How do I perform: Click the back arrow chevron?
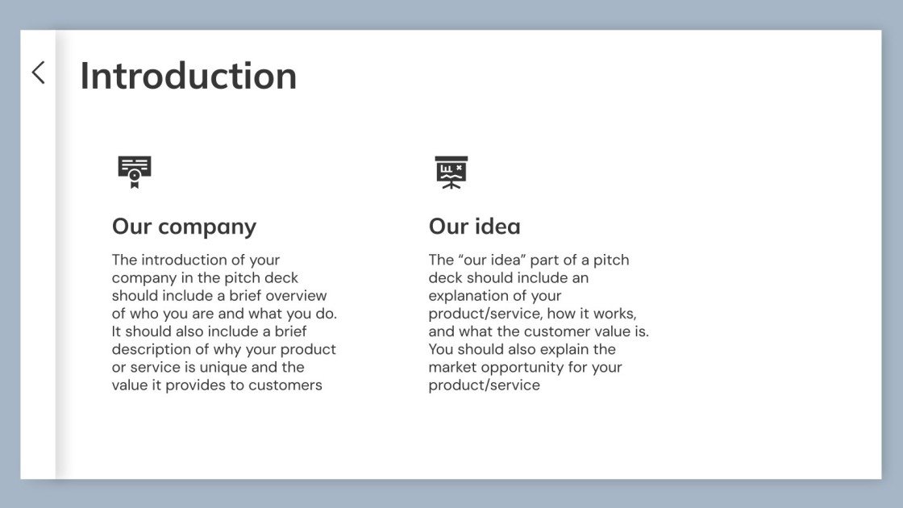[x=38, y=73]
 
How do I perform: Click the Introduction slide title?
[x=188, y=76]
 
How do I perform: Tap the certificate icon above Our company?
[x=135, y=172]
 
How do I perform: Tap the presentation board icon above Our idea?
[x=451, y=172]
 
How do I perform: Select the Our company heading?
[x=184, y=227]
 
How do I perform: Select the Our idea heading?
[x=474, y=227]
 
